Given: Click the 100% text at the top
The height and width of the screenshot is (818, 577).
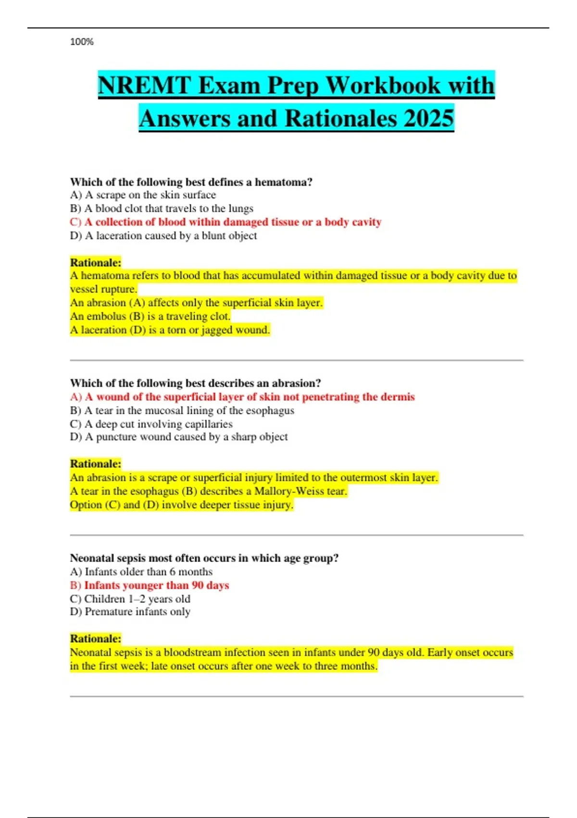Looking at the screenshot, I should tap(82, 42).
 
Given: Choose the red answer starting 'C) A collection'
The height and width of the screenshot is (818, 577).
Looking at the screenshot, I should tap(226, 222).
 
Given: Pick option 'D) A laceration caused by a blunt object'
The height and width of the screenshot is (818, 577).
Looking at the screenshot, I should tap(163, 235).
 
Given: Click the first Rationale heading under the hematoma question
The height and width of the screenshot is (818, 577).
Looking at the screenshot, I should tap(96, 262).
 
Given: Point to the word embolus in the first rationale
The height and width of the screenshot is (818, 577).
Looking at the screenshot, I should tap(107, 316).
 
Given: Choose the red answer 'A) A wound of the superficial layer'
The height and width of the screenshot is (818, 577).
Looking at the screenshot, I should tap(242, 396).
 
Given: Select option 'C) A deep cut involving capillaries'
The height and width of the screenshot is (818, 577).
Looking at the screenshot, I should tap(151, 424).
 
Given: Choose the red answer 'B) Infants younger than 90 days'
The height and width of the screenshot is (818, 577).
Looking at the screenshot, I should tap(150, 585).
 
